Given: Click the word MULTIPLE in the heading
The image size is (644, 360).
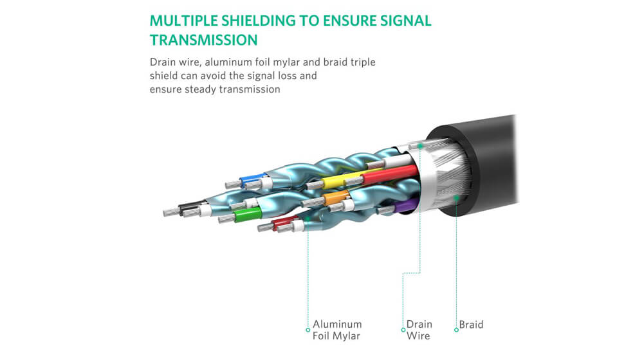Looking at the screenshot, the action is [183, 21].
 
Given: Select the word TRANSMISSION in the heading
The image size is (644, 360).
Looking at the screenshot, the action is [204, 40].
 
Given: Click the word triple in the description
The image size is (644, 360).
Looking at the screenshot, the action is [363, 62].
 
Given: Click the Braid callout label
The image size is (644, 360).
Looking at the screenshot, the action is [471, 325].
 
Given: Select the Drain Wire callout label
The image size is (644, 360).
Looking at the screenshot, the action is [419, 330].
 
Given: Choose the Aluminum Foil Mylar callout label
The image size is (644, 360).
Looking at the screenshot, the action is [337, 330].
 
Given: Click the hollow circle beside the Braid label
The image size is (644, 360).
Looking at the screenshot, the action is [456, 330].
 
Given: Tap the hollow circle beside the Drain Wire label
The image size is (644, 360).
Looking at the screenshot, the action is [403, 330].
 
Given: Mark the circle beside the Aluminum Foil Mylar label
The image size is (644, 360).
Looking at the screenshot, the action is [308, 330].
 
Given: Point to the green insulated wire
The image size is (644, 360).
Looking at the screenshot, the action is [248, 215].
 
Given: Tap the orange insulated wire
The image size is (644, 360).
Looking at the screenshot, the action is [336, 198].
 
